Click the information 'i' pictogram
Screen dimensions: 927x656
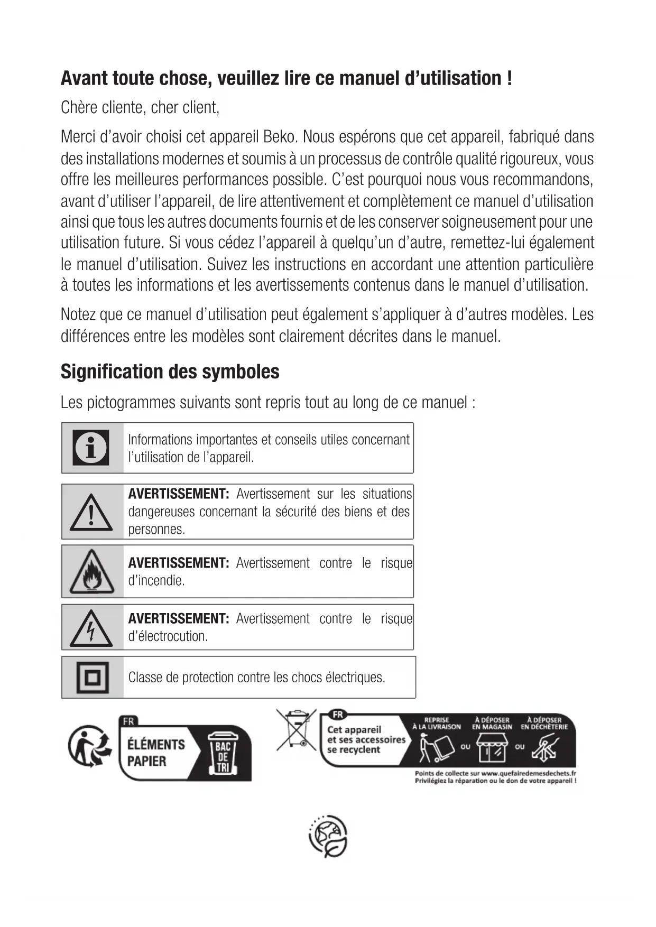click(91, 447)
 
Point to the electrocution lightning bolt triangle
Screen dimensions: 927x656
click(91, 628)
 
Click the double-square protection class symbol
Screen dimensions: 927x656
click(93, 677)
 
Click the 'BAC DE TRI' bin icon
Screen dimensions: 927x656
click(223, 753)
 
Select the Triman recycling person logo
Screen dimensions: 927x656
click(89, 746)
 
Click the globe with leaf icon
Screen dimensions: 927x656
click(328, 837)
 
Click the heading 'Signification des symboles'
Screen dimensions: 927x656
click(170, 372)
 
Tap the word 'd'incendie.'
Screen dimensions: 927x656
click(156, 581)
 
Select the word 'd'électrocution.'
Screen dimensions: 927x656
click(168, 636)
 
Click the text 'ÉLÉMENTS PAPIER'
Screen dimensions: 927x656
click(156, 753)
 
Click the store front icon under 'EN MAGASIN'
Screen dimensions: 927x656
click(492, 748)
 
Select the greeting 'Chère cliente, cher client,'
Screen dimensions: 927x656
click(140, 107)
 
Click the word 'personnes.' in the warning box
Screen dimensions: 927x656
click(156, 530)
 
